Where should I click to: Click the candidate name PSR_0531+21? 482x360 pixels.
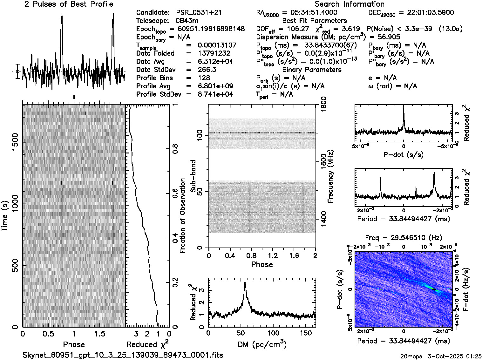tap(199, 13)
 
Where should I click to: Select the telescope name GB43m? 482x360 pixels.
tap(188, 21)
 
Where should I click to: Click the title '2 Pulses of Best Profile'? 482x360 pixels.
tap(69, 4)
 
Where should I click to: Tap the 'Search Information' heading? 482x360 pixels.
tap(350, 4)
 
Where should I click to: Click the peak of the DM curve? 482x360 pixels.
tap(245, 283)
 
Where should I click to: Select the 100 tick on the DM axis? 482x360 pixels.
tap(273, 333)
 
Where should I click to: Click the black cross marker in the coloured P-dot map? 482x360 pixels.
tap(434, 289)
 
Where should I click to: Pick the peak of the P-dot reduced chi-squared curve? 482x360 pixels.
tap(404, 108)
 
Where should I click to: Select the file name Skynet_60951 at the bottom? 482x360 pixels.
tap(123, 355)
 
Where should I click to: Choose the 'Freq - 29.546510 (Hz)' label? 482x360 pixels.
tap(404, 238)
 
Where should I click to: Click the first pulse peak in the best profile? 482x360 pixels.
tap(62, 15)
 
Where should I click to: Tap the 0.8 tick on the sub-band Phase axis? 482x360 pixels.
tap(251, 256)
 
